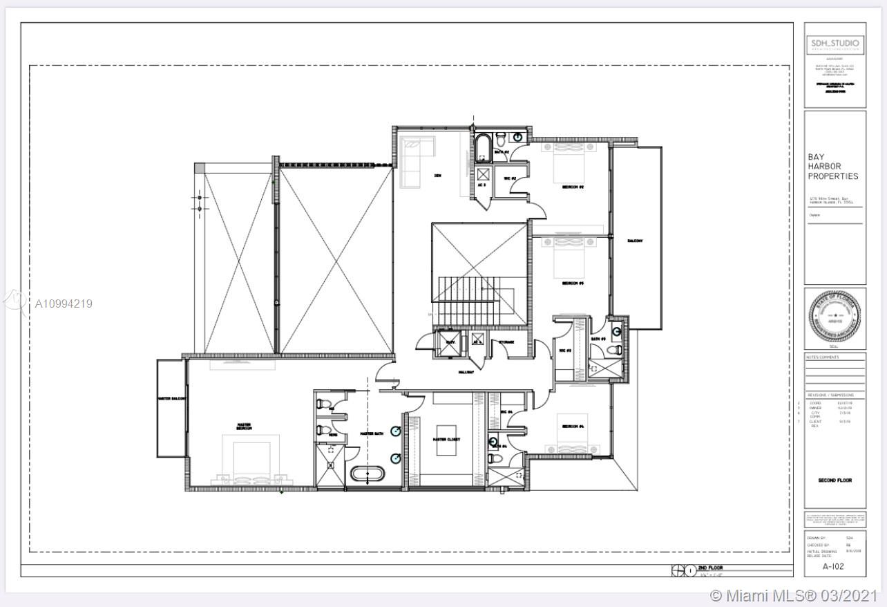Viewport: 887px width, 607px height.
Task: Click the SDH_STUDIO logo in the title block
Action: tap(835, 44)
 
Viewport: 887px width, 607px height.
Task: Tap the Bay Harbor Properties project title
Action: tap(833, 167)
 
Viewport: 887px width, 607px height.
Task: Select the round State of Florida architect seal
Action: tap(835, 319)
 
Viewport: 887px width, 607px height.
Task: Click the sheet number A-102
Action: tap(834, 566)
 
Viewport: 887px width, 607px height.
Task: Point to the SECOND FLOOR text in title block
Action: tap(834, 480)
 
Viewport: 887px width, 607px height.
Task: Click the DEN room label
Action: tap(437, 176)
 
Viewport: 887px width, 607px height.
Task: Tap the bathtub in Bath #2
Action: tap(482, 148)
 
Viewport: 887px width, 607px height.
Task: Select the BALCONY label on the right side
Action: tap(635, 241)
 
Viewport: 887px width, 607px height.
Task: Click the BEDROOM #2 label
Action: tap(573, 187)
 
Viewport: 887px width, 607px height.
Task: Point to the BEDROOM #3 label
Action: tap(573, 283)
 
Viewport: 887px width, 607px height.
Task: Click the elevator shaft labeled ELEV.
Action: tap(450, 342)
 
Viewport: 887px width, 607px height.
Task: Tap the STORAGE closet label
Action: tap(506, 342)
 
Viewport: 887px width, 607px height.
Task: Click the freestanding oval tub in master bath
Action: tap(368, 475)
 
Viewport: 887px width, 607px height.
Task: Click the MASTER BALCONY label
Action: tap(171, 399)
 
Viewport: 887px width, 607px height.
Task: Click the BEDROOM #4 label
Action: tap(573, 427)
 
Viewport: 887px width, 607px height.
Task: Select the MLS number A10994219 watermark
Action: tap(63, 303)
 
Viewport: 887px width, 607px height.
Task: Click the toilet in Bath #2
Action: tap(501, 138)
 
